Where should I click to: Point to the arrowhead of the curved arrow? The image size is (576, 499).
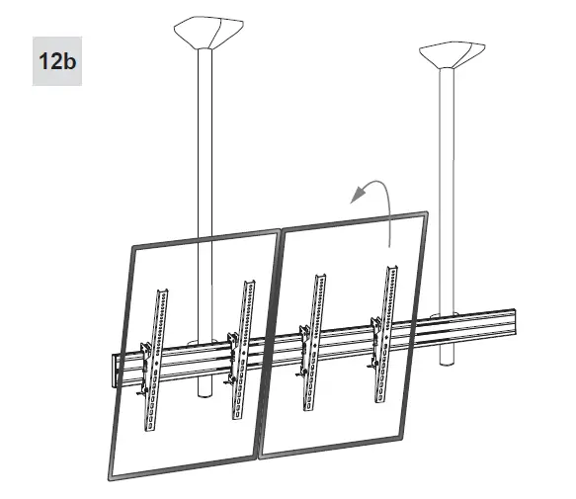[x=355, y=197]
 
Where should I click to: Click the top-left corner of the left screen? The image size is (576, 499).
[x=132, y=248]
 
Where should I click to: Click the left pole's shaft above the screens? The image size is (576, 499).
[x=206, y=148]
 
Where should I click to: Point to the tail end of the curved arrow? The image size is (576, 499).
[x=390, y=246]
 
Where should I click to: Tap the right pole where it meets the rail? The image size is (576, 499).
[x=447, y=320]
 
